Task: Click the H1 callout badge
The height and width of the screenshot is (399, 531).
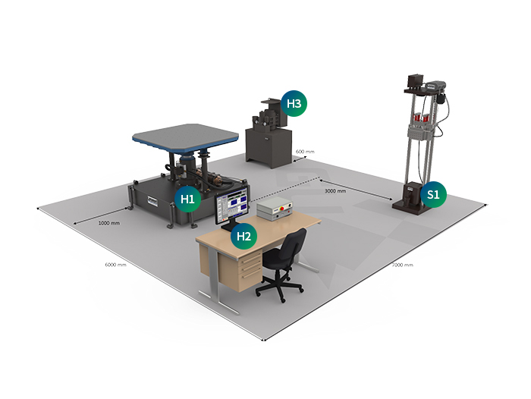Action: pos(187,199)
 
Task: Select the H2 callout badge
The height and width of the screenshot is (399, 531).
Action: pos(244,236)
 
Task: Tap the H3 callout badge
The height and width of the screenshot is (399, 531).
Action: pos(294,103)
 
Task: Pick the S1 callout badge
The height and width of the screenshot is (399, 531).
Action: pos(433,194)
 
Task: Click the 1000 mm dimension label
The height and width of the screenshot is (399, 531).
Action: pos(108,223)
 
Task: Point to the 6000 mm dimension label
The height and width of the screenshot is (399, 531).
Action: pos(115,265)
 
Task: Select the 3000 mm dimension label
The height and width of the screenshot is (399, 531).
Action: pos(335,191)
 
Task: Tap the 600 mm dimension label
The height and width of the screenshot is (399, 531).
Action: pos(305,152)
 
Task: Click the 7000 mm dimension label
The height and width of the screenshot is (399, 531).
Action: pos(402,265)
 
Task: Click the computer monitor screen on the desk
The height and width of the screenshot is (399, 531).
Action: pos(233,206)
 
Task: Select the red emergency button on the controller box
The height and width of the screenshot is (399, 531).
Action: pos(281,209)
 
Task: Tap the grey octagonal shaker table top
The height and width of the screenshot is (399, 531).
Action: pos(185,137)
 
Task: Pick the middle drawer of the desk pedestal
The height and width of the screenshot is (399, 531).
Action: pos(251,268)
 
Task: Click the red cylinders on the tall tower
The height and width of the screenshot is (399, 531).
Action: pos(420,118)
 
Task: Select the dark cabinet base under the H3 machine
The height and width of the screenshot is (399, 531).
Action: pos(269,147)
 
